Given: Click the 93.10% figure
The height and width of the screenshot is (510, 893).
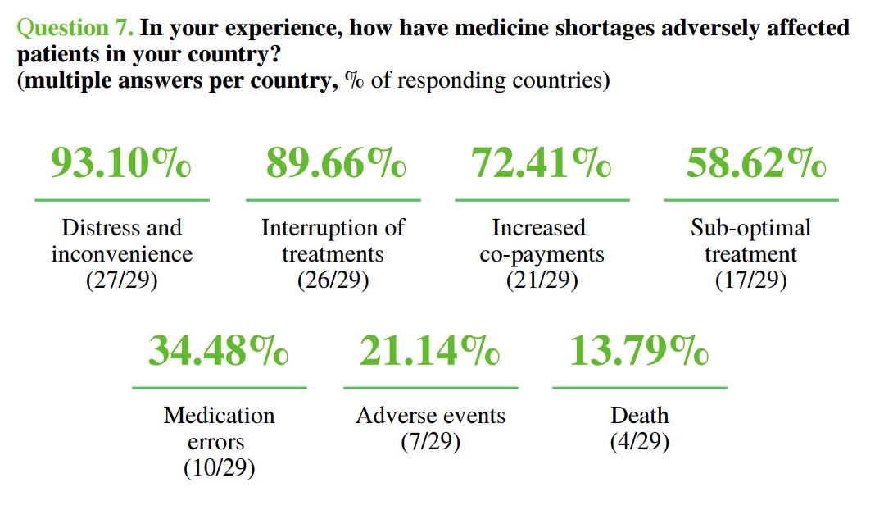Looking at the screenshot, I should [121, 164].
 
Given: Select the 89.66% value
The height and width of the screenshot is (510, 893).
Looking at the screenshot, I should [335, 164].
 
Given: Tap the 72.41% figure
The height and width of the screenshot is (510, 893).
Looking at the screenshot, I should [542, 164].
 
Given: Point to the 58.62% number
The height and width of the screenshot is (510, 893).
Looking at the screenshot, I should [755, 164].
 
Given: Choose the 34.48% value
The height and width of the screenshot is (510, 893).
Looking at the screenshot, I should [218, 351].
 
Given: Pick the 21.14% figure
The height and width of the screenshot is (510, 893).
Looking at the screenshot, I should [429, 351].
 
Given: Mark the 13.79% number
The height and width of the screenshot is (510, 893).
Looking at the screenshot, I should [639, 351].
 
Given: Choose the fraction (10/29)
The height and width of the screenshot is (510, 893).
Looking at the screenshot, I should [219, 468].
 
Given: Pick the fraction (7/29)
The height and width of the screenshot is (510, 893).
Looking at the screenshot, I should [430, 442].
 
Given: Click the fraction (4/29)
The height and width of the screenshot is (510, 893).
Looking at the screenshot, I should [640, 442].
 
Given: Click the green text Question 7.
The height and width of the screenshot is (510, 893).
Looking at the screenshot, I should [75, 28].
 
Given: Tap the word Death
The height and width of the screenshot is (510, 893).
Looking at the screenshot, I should [640, 416].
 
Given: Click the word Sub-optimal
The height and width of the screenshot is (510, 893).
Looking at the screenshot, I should [750, 227].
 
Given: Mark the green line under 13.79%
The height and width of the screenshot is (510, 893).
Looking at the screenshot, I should [640, 387].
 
